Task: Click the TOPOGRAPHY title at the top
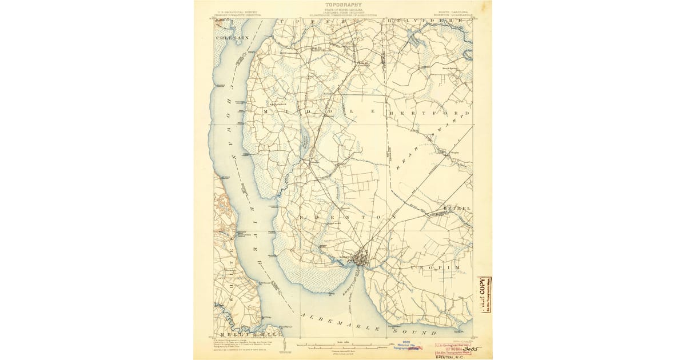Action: [x=343, y=5]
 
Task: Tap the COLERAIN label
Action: [x=232, y=37]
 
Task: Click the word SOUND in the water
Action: [x=420, y=331]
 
